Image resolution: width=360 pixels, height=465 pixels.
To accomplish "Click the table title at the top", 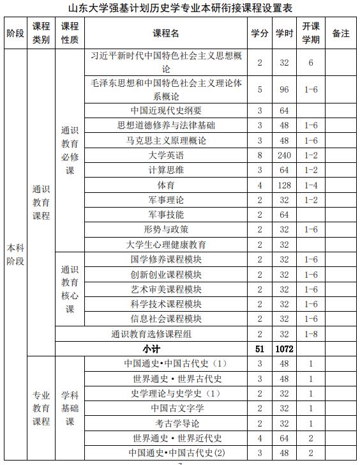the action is point(180,8).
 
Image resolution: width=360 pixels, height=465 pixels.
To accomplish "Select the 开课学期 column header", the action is point(311,33).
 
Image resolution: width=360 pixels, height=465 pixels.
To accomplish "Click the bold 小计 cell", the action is point(151,349).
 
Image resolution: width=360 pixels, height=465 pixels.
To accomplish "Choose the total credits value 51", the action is point(260,349).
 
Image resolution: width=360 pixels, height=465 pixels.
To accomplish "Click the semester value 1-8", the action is point(311,334).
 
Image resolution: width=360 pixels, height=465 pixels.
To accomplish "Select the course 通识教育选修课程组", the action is point(151,334).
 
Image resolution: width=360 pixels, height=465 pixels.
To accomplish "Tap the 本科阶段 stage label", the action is point(15,254).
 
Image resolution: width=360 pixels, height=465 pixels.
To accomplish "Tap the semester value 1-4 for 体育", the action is point(311,185).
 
